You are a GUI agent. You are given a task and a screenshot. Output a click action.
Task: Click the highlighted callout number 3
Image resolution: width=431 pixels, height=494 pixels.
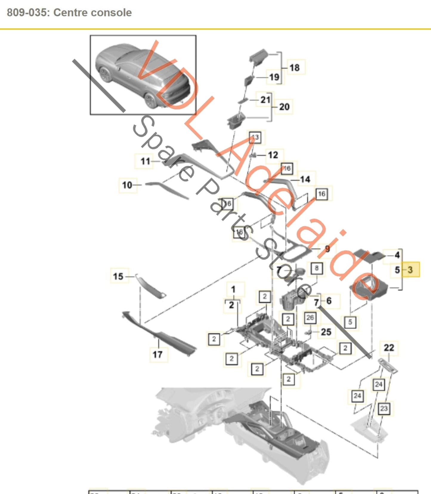pos(410,270)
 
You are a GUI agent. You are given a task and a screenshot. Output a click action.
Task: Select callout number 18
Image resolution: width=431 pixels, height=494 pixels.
pos(295,68)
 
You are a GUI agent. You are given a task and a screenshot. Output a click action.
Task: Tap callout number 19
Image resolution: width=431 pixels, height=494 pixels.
pos(274,77)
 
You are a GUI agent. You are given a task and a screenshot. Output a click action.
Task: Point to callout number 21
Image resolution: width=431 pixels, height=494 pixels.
pos(265,99)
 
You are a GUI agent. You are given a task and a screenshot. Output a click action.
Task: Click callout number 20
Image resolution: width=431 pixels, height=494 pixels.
pos(284,107)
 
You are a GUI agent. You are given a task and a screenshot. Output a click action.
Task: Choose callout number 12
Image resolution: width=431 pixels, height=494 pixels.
pos(273,155)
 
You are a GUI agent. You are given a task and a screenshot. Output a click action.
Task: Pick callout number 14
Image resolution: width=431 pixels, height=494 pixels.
pos(305,180)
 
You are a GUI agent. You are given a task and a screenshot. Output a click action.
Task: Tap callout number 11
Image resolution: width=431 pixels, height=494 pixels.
pos(145,161)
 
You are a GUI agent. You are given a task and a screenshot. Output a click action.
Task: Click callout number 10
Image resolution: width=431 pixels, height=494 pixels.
pos(127,185)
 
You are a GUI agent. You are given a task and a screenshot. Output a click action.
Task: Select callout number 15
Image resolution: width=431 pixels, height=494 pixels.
pos(118,276)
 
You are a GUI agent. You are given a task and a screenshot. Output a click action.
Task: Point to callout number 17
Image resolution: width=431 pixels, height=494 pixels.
pos(157,355)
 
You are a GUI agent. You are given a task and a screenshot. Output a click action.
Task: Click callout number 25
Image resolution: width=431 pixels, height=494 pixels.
pos(326,332)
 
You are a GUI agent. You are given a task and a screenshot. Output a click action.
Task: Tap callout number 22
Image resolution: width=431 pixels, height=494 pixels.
pos(389,348)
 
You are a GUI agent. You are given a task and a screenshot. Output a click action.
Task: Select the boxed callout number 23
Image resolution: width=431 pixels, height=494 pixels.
pos(384,408)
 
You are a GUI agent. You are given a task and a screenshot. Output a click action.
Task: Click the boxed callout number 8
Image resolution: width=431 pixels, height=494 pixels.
pos(316,268)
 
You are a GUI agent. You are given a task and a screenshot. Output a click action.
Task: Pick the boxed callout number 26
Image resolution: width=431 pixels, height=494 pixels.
pos(310,317)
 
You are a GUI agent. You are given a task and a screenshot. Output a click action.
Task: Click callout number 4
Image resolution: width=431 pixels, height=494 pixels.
pos(397,255)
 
